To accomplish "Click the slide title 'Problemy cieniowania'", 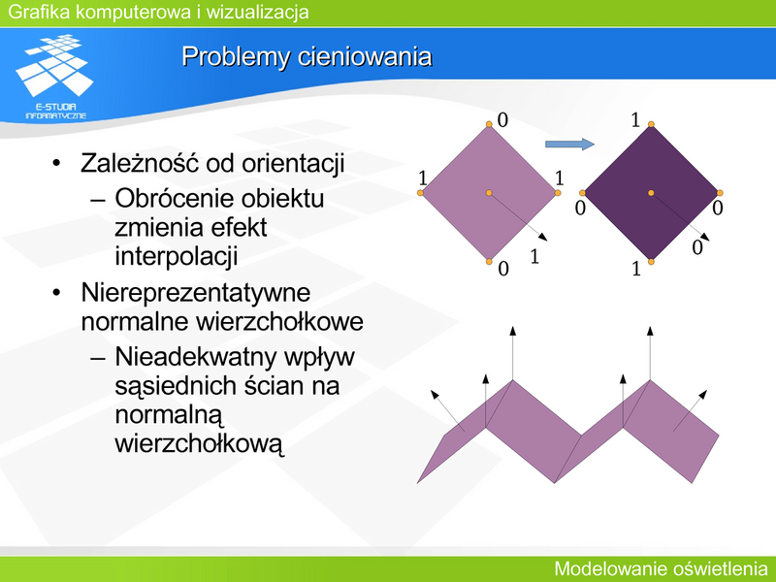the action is [x=307, y=57].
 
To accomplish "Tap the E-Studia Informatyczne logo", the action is [x=55, y=78].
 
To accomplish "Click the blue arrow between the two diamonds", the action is [x=569, y=144].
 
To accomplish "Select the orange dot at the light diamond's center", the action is [x=489, y=192].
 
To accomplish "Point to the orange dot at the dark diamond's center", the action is [x=651, y=192].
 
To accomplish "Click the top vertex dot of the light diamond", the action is [x=489, y=124].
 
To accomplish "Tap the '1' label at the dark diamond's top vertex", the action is [x=635, y=120].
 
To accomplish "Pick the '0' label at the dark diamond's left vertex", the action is [x=580, y=209].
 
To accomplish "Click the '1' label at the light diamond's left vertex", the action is [x=423, y=178].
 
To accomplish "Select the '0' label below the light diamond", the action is [x=503, y=269].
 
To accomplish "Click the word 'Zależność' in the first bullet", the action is [x=140, y=163].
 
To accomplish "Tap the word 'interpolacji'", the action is [x=177, y=257].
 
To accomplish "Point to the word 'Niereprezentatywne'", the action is [x=196, y=293].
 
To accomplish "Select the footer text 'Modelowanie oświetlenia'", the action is [x=661, y=568].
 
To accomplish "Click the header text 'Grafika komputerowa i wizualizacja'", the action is [x=158, y=12].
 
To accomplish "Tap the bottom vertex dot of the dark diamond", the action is [x=651, y=261].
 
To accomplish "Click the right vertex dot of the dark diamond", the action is [x=720, y=192].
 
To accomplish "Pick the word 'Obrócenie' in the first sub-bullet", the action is [x=168, y=199].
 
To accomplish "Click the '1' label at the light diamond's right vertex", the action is [x=560, y=178].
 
